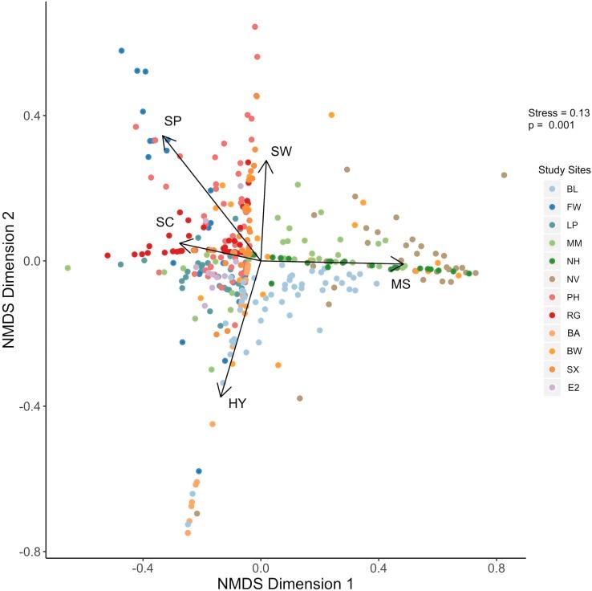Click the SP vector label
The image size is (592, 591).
172,121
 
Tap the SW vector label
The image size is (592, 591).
281,151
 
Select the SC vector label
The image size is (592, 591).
165,221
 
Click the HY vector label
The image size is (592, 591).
237,403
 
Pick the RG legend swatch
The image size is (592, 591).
550,314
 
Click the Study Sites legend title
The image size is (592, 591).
565,170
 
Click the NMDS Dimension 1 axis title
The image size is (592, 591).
286,583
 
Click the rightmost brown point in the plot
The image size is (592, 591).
504,175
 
